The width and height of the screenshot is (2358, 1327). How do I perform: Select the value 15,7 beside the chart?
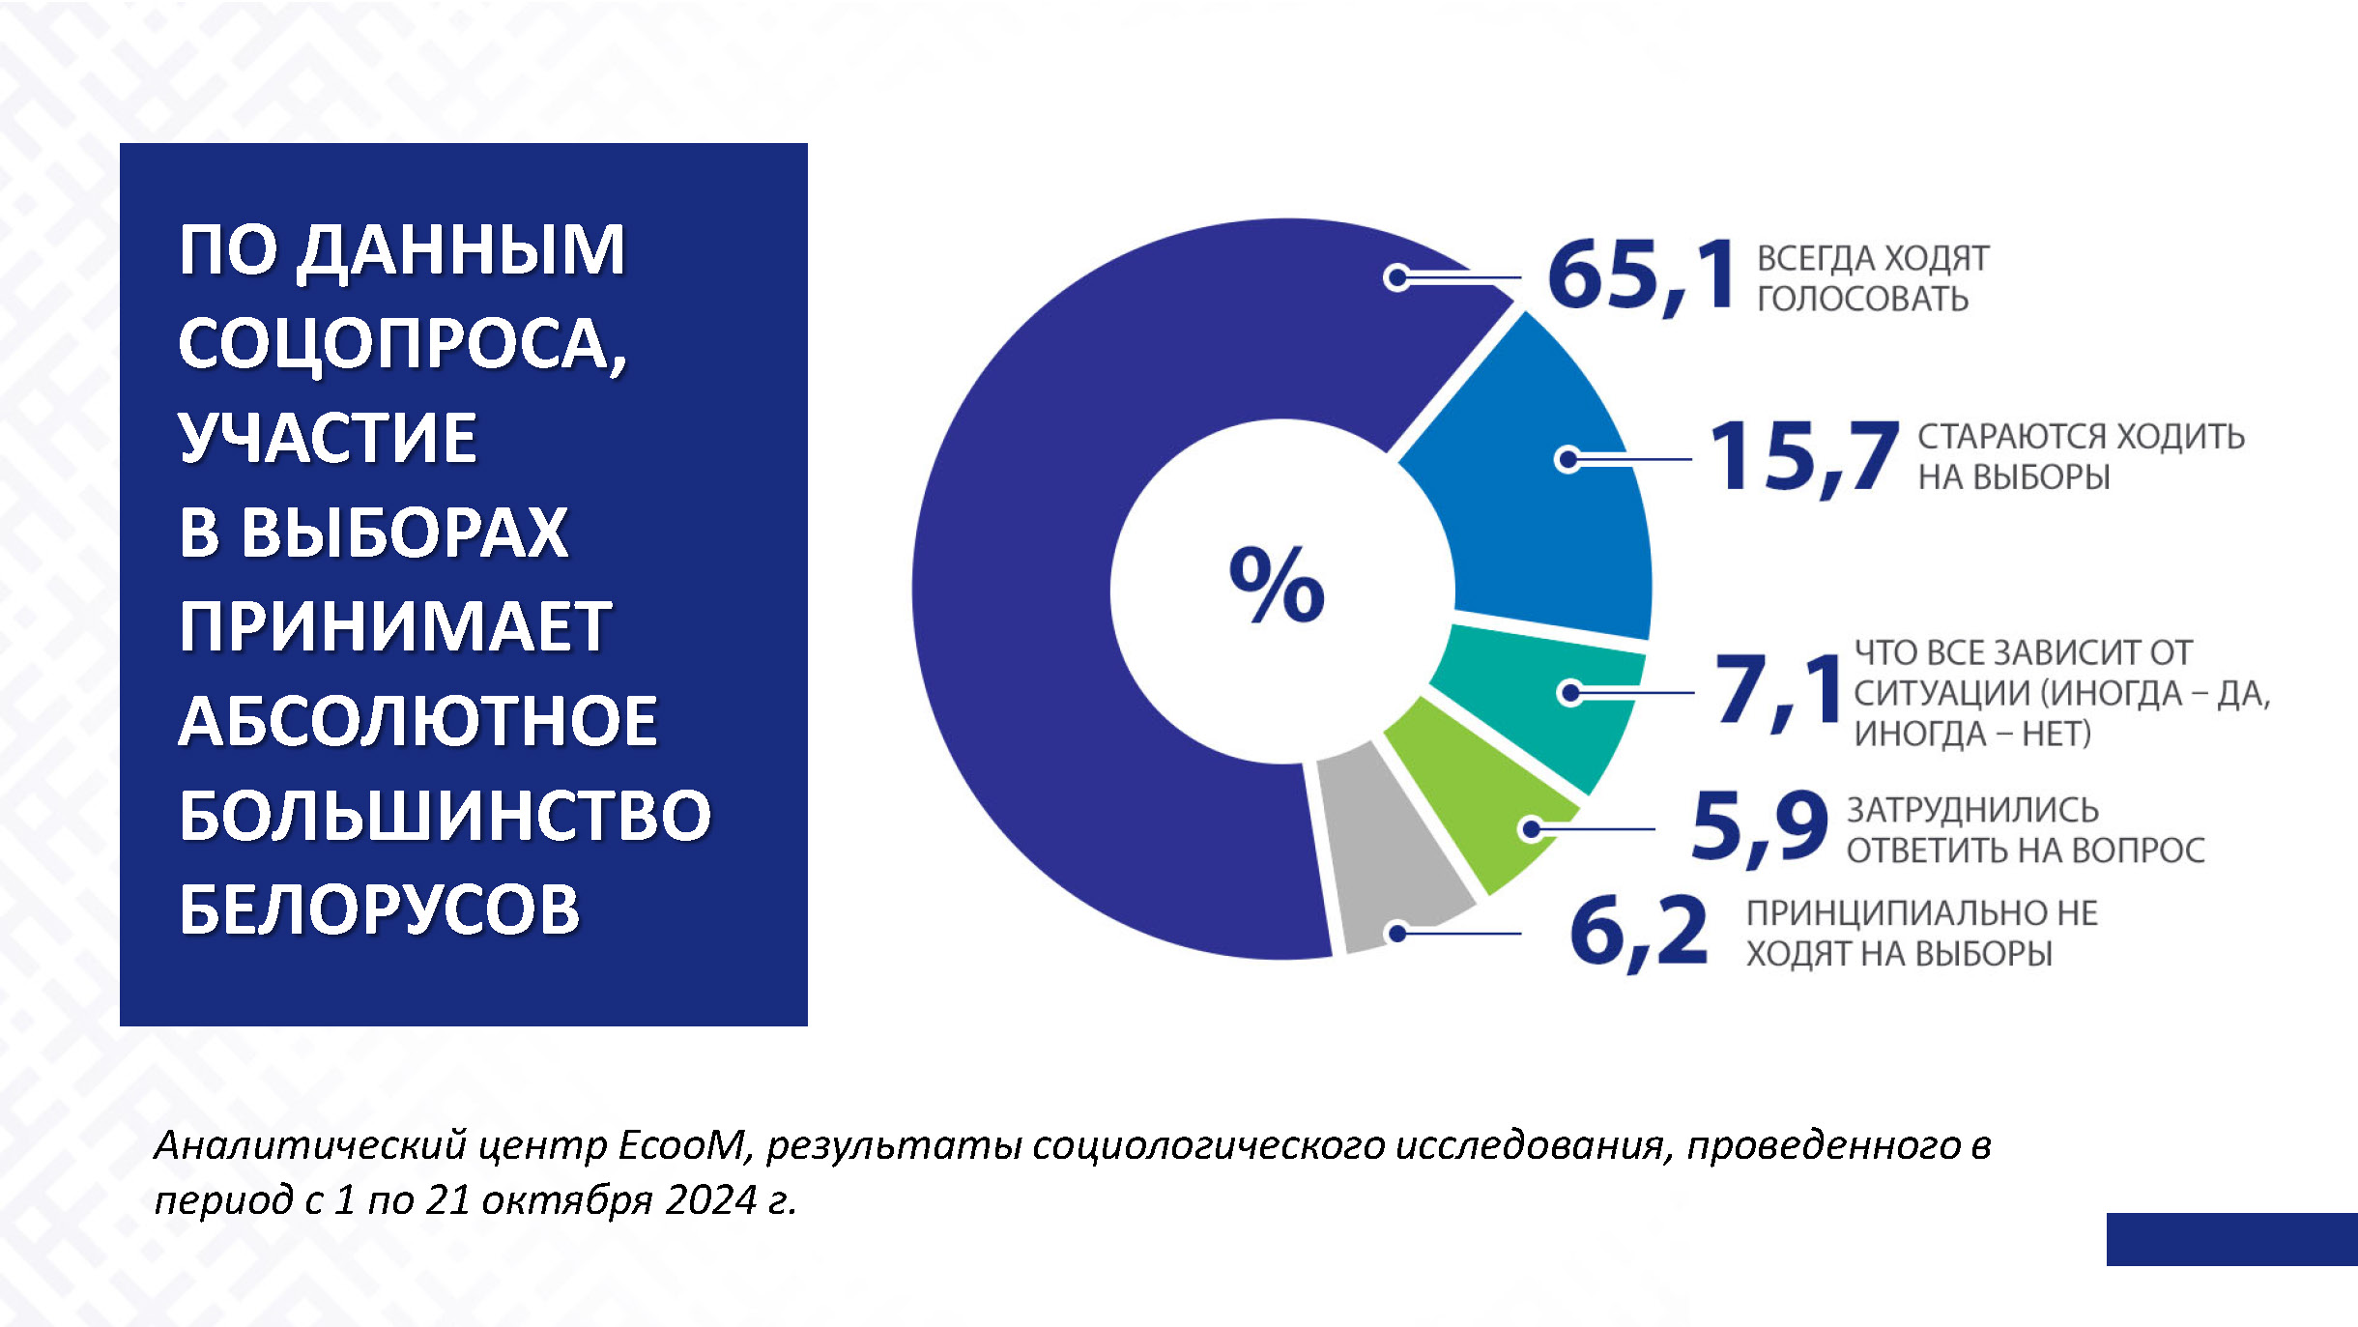pyautogui.click(x=1803, y=456)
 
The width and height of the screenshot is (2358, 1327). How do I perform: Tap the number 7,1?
pyautogui.click(x=1778, y=690)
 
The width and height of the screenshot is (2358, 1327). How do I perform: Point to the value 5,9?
pyautogui.click(x=1759, y=826)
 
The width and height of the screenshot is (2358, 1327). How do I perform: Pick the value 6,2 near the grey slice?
pyautogui.click(x=1639, y=931)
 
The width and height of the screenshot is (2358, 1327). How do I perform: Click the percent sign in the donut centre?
pyautogui.click(x=1276, y=585)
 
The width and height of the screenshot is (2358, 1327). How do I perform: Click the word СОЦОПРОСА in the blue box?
pyautogui.click(x=402, y=344)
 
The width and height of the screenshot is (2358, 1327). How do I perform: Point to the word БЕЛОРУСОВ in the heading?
pyautogui.click(x=379, y=909)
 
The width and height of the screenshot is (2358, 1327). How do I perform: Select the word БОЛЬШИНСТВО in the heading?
pyautogui.click(x=445, y=815)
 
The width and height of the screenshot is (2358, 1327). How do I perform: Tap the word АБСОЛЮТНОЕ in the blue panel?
pyautogui.click(x=417, y=721)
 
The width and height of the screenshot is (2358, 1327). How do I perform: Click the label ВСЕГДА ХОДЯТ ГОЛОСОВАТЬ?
pyautogui.click(x=1871, y=278)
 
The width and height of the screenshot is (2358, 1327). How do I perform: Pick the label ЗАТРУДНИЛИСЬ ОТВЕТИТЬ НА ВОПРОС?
pyautogui.click(x=2025, y=829)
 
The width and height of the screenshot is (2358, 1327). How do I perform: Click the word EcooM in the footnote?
pyautogui.click(x=681, y=1145)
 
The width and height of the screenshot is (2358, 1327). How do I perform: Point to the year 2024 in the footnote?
pyautogui.click(x=711, y=1200)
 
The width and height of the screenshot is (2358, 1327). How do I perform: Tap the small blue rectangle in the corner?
pyautogui.click(x=2230, y=1238)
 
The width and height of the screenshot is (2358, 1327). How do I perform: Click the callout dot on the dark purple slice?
pyautogui.click(x=1396, y=278)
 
